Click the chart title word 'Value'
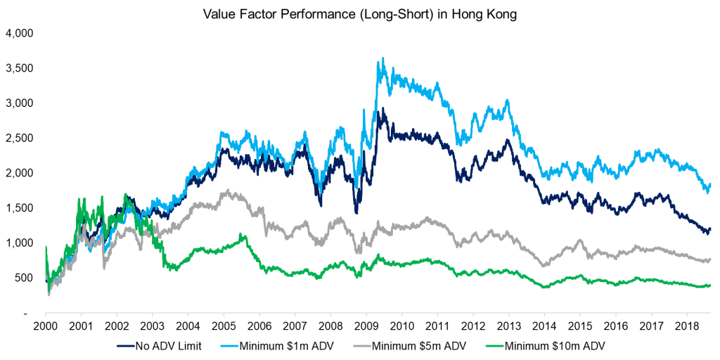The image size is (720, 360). (x=218, y=14)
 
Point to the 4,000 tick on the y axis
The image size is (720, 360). (x=22, y=33)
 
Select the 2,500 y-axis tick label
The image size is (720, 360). (x=22, y=138)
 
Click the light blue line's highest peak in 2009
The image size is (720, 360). (x=382, y=58)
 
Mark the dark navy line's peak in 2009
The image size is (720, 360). (x=380, y=109)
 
